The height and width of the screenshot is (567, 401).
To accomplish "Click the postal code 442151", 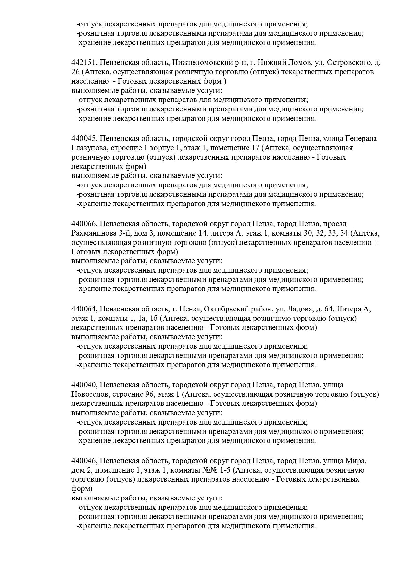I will click(83, 62).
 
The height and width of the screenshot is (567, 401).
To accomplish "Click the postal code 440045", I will click(83, 139).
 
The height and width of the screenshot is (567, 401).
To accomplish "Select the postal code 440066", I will click(83, 224).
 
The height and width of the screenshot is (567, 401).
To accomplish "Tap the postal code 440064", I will click(83, 309).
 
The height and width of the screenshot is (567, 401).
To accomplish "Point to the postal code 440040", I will click(83, 385).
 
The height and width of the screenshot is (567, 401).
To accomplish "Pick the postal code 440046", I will click(83, 461).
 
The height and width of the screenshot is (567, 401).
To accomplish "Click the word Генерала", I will click(361, 139).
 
